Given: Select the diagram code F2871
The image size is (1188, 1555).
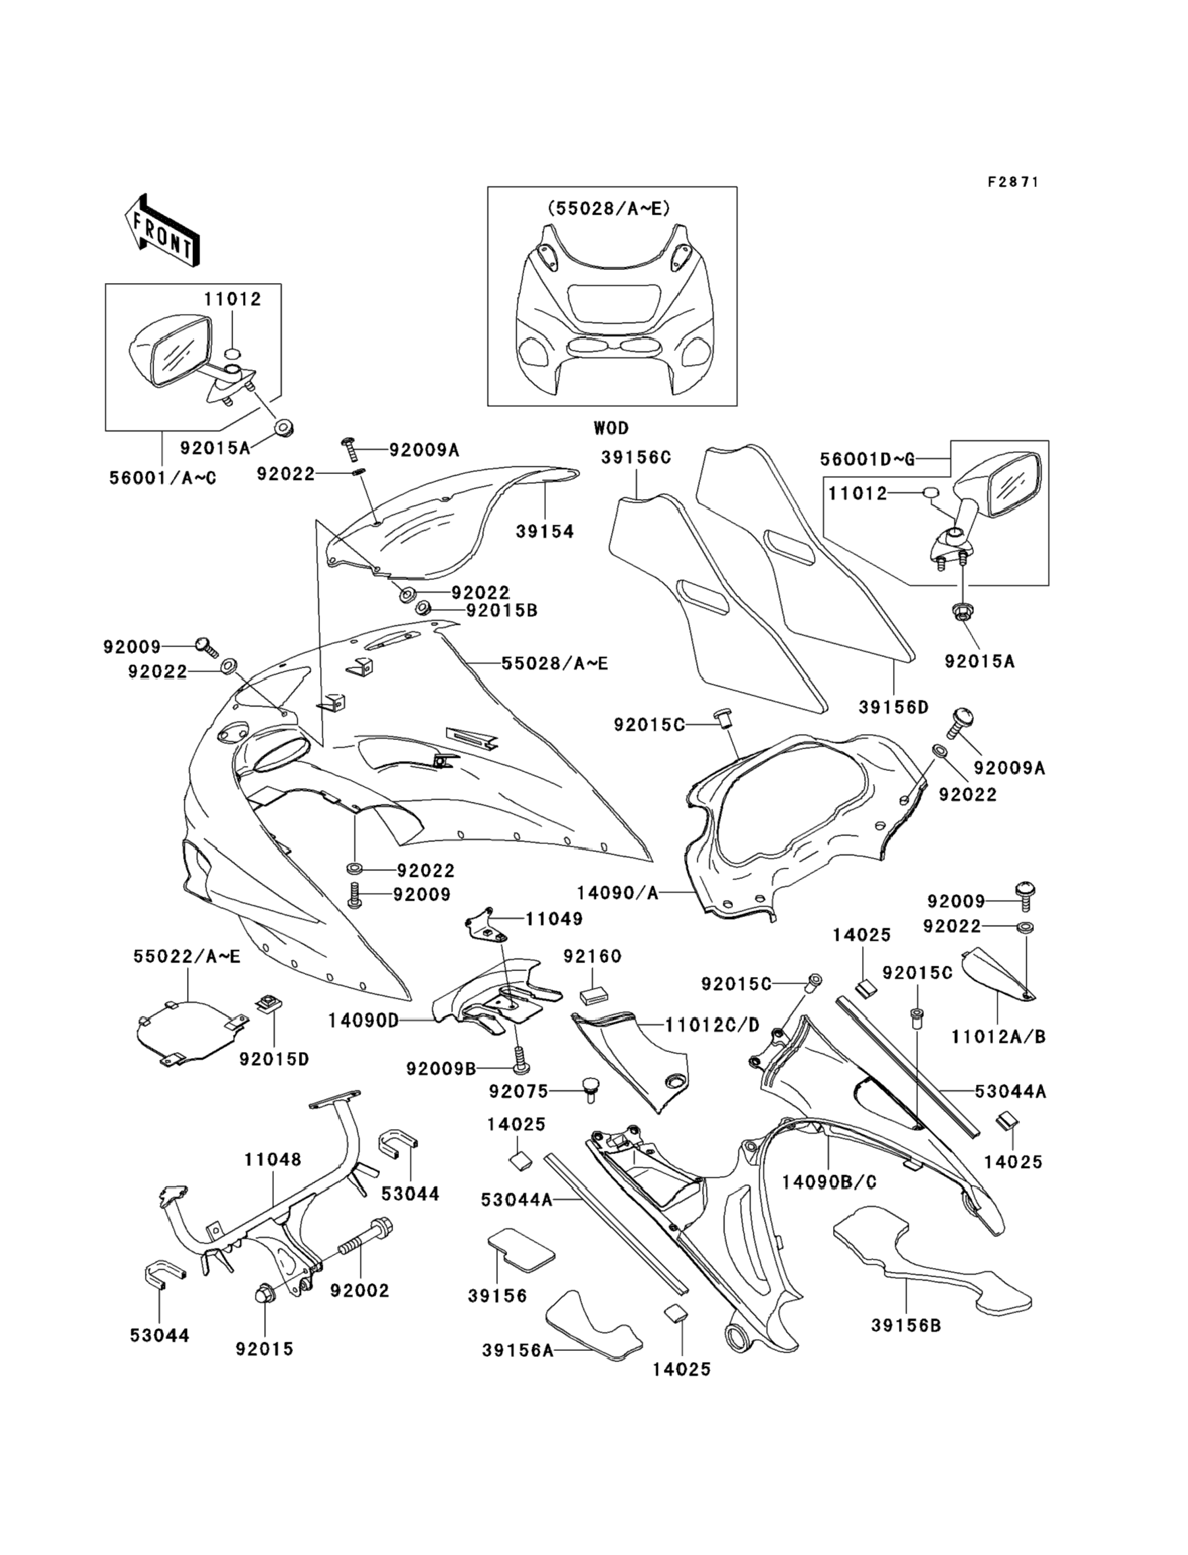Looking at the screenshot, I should coord(1013,182).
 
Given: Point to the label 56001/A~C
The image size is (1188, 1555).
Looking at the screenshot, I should coord(163,479).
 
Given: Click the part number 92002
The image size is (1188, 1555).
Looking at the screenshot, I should coord(359,1290).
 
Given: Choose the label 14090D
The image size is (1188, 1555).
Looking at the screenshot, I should coord(364,1020).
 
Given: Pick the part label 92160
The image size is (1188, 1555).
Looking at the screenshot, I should coord(593,957).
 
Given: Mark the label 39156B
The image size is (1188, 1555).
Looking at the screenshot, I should coord(906,1325).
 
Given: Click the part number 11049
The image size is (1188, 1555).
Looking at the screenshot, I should coord(554,919).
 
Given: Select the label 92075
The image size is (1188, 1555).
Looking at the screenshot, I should coord(518,1092).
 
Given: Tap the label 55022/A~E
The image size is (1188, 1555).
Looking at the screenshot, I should coord(186,957).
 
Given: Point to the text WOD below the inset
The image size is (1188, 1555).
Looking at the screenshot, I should coord(611,428).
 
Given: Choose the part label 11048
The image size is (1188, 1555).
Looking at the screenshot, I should coord(273,1159).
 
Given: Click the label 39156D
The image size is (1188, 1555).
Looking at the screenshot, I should coord(893,707).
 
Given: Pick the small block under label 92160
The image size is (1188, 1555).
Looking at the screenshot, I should coord(594,995).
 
